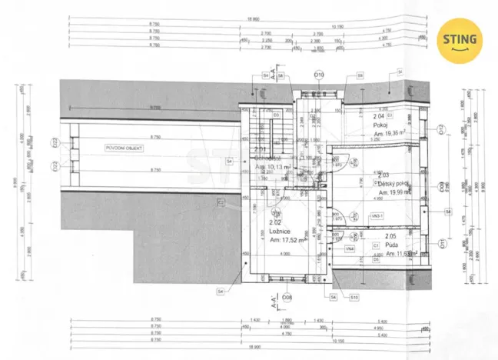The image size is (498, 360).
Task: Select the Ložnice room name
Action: coord(279,229)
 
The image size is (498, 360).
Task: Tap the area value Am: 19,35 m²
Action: coord(390,133)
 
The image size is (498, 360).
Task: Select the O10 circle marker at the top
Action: coord(319,74)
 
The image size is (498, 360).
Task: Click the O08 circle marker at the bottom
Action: coord(287,297)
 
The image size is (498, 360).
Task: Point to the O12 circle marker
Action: coord(442,130)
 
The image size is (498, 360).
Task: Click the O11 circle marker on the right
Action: coord(443,245)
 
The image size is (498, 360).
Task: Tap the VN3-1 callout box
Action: coord(377,217)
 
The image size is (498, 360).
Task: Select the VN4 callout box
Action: coord(350,248)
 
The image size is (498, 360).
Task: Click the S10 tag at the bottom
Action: coord(354,296)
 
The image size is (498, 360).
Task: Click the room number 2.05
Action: coord(390,237)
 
